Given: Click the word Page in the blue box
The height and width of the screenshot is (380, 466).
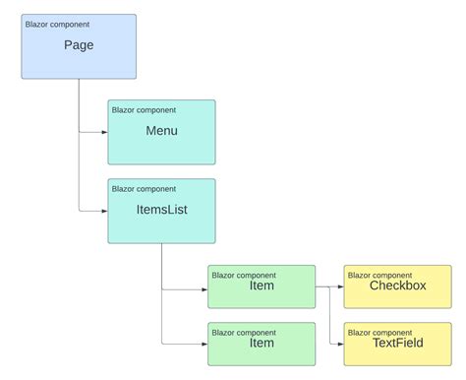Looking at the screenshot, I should pyautogui.click(x=79, y=45).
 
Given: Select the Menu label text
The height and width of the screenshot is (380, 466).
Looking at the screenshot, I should pyautogui.click(x=161, y=130).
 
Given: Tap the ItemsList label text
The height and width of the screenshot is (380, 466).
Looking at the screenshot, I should pyautogui.click(x=161, y=209).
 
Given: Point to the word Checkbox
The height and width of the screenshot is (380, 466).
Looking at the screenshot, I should pyautogui.click(x=397, y=285).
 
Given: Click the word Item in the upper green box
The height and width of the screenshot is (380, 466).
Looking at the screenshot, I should pyautogui.click(x=262, y=286).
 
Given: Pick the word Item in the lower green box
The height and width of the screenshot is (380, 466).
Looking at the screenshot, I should pyautogui.click(x=262, y=343).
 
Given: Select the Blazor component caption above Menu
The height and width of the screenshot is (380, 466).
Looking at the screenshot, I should pyautogui.click(x=144, y=108).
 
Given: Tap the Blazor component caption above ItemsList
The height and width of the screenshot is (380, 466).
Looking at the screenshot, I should pyautogui.click(x=144, y=188).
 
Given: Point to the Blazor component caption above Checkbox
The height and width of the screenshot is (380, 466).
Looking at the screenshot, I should pyautogui.click(x=379, y=275).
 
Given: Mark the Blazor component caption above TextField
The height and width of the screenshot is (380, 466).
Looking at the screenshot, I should pyautogui.click(x=379, y=331).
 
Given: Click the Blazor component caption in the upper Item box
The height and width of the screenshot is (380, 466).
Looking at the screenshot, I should pyautogui.click(x=244, y=275).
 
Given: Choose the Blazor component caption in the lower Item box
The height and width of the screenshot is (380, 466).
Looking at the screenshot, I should pyautogui.click(x=244, y=332).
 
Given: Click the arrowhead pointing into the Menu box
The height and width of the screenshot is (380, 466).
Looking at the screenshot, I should pyautogui.click(x=103, y=132).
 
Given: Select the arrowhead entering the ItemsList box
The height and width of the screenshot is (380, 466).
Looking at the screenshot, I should pyautogui.click(x=103, y=211).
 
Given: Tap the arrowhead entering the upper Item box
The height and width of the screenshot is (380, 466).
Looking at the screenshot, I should pyautogui.click(x=203, y=289).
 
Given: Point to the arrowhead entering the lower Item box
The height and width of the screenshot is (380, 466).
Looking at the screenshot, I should pyautogui.click(x=203, y=343).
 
